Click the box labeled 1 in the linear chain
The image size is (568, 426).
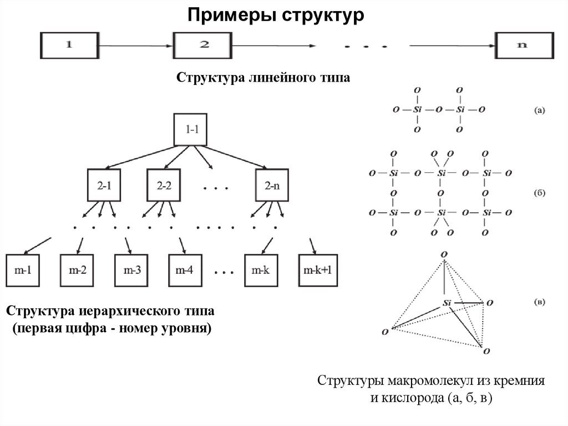click(x=69, y=46)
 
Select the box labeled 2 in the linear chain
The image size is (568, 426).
click(x=204, y=46)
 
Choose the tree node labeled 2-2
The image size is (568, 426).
click(x=164, y=186)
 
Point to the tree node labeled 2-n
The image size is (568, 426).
click(x=272, y=186)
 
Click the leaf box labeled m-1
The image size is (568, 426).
click(x=22, y=270)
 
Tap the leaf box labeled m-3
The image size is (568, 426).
click(x=131, y=270)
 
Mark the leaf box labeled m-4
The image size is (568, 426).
click(x=185, y=270)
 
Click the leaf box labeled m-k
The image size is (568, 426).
click(x=261, y=270)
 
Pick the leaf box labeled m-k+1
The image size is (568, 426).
click(x=318, y=270)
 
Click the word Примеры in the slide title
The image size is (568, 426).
click(x=231, y=15)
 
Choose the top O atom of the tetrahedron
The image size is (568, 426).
click(x=444, y=254)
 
